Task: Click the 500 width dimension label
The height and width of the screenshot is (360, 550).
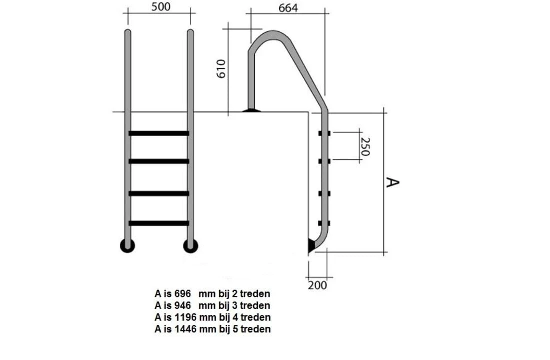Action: tap(159, 7)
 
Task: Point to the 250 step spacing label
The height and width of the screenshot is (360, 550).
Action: tap(366, 146)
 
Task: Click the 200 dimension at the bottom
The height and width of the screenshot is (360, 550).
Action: tap(317, 285)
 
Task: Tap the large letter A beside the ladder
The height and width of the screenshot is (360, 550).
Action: tap(393, 182)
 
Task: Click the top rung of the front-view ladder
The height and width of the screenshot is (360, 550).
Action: tap(159, 133)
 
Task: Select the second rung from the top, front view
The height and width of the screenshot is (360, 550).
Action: tap(159, 161)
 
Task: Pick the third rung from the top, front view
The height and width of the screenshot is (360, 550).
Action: tap(159, 193)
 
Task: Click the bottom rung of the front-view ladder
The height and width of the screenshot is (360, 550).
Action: tap(159, 223)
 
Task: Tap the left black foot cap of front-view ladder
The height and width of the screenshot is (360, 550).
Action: tap(128, 245)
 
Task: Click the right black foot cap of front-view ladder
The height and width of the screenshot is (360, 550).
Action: tap(190, 245)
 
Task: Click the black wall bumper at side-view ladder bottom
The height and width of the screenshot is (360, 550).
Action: tap(311, 245)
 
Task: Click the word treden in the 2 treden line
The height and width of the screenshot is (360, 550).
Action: tap(255, 293)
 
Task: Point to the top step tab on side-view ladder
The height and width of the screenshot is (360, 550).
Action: tap(324, 133)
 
